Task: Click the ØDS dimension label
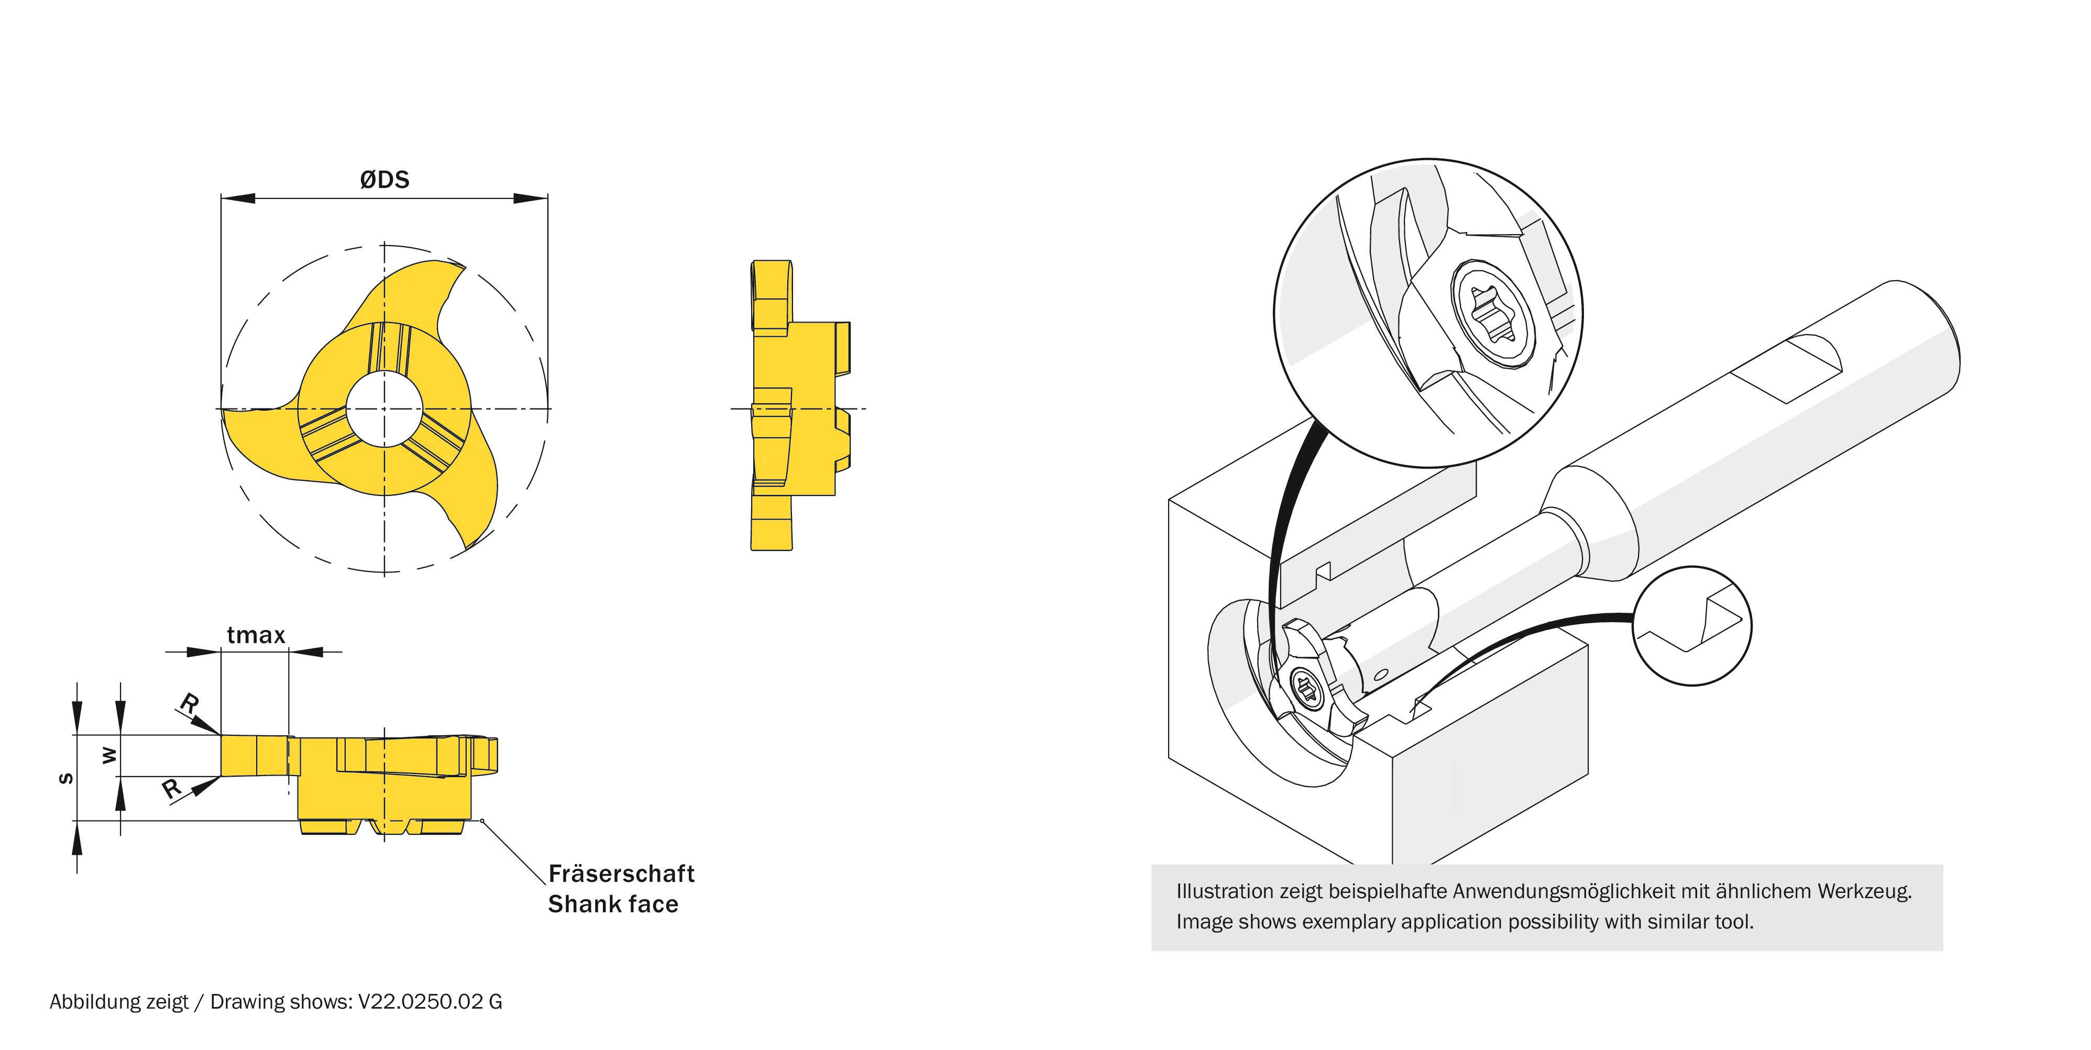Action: tap(385, 179)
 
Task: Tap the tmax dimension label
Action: tap(256, 635)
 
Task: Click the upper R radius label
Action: tap(189, 703)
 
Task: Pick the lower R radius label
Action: tap(171, 788)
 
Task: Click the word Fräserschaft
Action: tap(621, 874)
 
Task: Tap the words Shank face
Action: tap(613, 904)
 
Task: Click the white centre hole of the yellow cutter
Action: tap(384, 408)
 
